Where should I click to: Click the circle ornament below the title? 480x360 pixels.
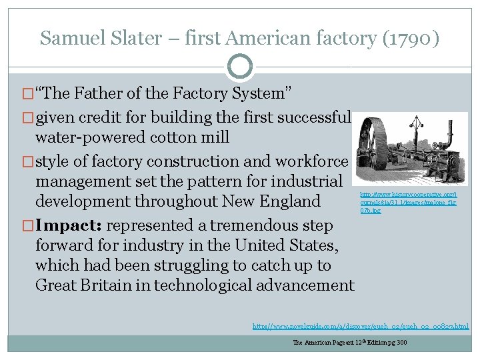coord(240,67)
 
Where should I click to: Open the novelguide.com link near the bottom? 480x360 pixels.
coord(360,327)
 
